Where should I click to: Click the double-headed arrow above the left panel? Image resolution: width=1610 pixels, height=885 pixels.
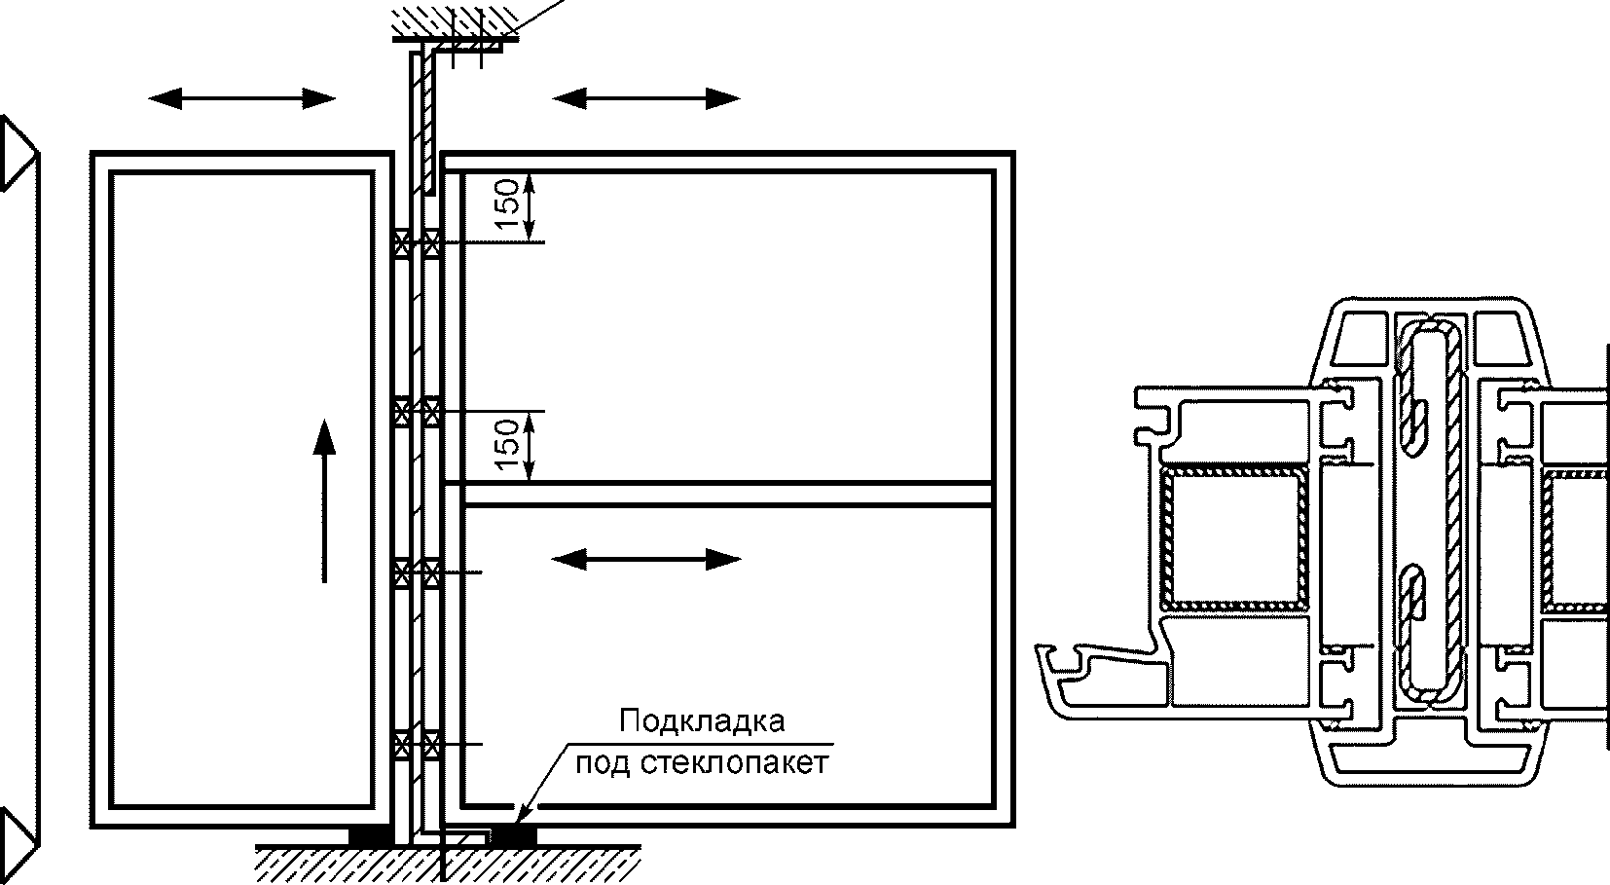(241, 97)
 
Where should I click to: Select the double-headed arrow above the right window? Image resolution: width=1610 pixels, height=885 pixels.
(645, 97)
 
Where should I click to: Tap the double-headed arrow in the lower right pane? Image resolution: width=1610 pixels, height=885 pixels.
(645, 559)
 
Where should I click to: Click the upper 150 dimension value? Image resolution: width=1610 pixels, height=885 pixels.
(506, 204)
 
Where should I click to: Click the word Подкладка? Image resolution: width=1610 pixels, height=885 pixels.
(701, 722)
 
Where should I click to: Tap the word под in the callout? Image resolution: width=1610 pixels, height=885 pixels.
(604, 761)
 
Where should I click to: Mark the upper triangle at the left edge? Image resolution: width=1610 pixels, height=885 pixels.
(18, 153)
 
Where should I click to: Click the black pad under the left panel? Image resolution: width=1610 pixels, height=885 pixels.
(371, 835)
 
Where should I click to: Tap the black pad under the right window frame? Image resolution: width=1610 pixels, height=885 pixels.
(513, 834)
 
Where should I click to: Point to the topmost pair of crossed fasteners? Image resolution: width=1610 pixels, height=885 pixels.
(417, 242)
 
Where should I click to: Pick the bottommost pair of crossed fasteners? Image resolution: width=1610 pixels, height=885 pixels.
(417, 745)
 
